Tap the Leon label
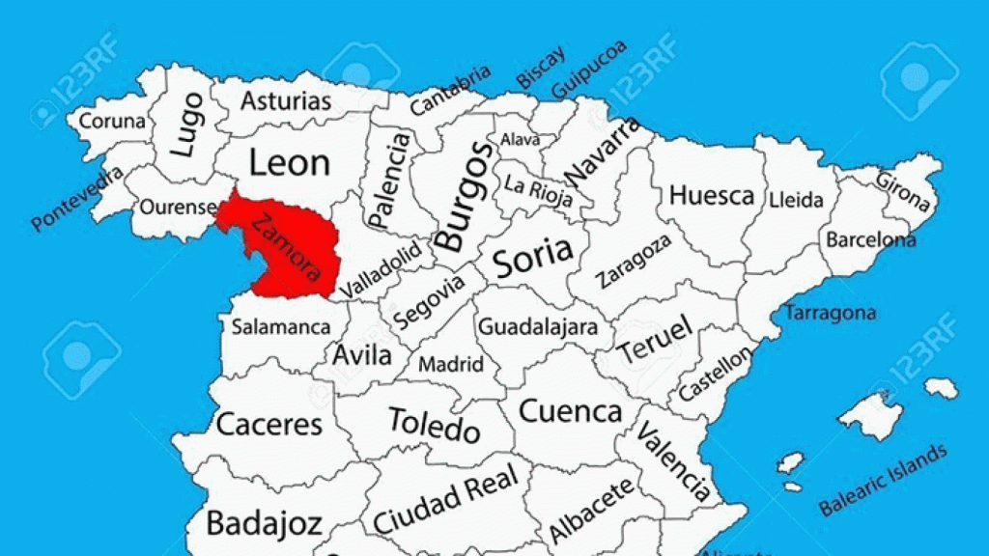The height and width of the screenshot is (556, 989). coord(289,162)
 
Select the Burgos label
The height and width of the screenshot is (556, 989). coord(464,197)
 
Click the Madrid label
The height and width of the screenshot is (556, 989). coord(451,365)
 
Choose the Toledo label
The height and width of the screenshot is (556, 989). coord(434,424)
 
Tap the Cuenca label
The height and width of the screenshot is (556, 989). coord(571,411)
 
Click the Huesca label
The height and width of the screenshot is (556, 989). coord(712,195)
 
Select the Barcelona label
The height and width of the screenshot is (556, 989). coord(869,238)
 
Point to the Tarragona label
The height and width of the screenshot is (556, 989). coord(830,313)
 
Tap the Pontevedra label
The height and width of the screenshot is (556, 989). coord(77,198)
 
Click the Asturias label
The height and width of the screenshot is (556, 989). coord(286,100)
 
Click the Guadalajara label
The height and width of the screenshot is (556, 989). coord(538,326)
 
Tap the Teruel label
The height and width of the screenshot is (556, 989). coord(656,340)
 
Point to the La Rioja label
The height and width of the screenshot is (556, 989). coord(536,188)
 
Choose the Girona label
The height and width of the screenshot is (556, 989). coord(905,191)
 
